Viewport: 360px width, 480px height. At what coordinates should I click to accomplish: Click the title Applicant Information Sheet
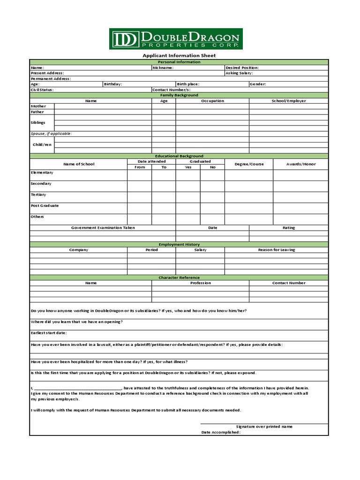(x=179, y=55)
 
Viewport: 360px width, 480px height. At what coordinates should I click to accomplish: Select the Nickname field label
(x=163, y=67)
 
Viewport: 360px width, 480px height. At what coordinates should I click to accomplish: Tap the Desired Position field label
(x=242, y=67)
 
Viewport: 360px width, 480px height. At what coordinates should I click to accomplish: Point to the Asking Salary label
(x=239, y=73)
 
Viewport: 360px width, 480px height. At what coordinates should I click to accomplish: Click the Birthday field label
(x=113, y=84)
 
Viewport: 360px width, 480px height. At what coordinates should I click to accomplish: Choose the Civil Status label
(x=42, y=90)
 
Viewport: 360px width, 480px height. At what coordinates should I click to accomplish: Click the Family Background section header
(x=179, y=95)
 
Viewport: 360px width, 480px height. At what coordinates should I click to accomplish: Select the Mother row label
(x=38, y=106)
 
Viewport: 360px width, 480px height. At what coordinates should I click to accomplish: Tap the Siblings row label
(x=38, y=122)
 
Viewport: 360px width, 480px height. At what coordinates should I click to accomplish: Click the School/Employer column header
(x=288, y=101)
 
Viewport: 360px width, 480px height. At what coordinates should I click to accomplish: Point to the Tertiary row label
(x=38, y=195)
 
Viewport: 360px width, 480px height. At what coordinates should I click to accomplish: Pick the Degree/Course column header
(x=249, y=164)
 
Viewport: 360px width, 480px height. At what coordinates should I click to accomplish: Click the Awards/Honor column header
(x=301, y=164)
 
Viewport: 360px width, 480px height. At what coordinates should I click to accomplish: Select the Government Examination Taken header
(x=103, y=228)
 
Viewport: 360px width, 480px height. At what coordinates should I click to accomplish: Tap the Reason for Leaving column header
(x=277, y=250)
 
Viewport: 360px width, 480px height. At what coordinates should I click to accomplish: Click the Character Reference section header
(x=179, y=277)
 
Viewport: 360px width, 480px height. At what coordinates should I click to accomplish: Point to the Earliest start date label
(x=49, y=333)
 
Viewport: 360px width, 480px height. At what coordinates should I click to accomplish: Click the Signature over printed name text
(x=264, y=427)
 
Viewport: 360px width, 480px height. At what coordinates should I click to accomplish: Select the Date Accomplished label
(x=221, y=432)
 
